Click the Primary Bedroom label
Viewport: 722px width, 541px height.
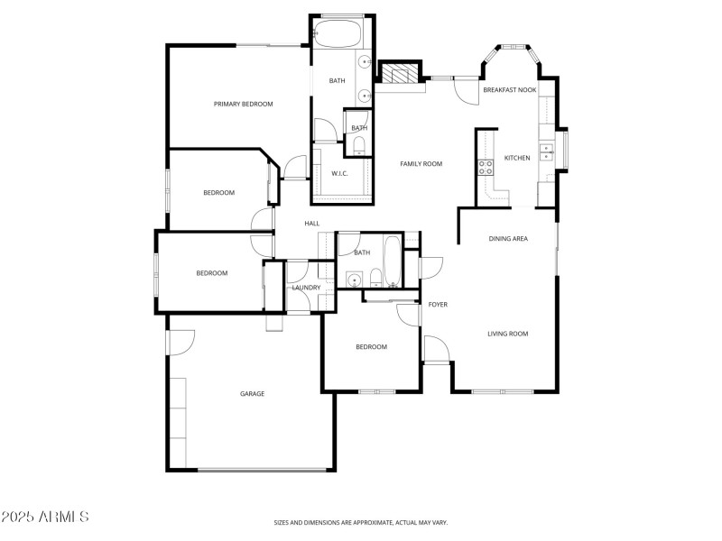(x=243, y=105)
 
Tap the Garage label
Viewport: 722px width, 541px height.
(x=252, y=393)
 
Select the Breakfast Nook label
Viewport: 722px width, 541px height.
(x=509, y=90)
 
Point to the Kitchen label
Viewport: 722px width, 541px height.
(x=517, y=158)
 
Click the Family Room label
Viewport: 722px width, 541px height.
(x=421, y=163)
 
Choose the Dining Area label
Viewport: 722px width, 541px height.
(x=508, y=238)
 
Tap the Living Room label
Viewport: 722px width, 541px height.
(x=507, y=334)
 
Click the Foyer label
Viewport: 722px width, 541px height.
(x=438, y=305)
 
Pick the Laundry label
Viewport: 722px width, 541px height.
(x=306, y=288)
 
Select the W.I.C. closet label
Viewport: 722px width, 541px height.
(x=339, y=173)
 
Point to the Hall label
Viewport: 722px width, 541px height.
(x=312, y=224)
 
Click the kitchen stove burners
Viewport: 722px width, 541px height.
(x=485, y=166)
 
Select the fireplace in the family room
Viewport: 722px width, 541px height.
(x=399, y=75)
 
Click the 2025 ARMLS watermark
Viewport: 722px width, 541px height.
(x=45, y=517)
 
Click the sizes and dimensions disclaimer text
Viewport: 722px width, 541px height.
(x=361, y=522)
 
